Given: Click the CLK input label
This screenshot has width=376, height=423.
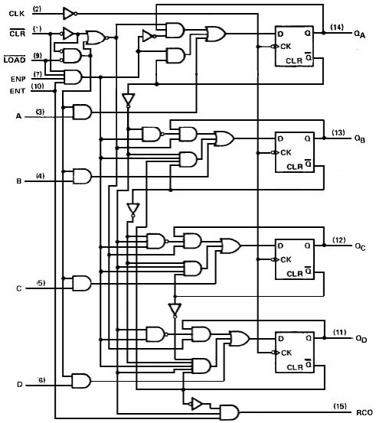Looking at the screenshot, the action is click(x=17, y=14).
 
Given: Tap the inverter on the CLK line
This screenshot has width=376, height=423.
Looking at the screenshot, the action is click(x=70, y=14).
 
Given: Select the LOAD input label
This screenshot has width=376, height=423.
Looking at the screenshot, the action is click(x=15, y=60).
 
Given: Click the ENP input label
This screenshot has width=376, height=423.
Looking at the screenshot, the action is click(x=18, y=79).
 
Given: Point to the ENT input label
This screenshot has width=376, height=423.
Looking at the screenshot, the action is click(x=18, y=91).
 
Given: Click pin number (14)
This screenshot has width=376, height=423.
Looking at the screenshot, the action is click(x=337, y=28).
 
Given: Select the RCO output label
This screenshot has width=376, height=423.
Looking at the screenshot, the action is click(x=365, y=412).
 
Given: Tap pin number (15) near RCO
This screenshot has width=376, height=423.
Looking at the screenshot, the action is click(x=340, y=406).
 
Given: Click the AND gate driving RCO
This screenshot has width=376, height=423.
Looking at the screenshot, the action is click(x=229, y=412).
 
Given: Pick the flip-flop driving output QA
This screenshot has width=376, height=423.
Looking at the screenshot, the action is click(x=294, y=46).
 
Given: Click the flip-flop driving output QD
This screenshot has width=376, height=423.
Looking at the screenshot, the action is click(x=294, y=353).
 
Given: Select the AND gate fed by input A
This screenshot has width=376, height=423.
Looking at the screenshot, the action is click(x=83, y=112).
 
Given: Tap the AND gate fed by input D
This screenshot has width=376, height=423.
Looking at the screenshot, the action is click(x=81, y=381).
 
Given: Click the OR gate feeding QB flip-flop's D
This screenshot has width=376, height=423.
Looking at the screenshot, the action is click(x=224, y=138).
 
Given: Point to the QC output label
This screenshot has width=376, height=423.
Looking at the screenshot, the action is click(x=361, y=246).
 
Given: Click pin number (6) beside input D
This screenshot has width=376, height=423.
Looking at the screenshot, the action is click(x=41, y=380).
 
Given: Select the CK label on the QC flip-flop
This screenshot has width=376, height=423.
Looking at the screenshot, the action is click(x=286, y=260).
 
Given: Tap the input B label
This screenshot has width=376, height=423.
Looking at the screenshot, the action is click(x=19, y=181).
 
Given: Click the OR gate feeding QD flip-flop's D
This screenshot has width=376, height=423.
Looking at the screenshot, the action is click(x=240, y=338).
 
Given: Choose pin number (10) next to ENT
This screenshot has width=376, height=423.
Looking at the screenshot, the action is click(x=38, y=86).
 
